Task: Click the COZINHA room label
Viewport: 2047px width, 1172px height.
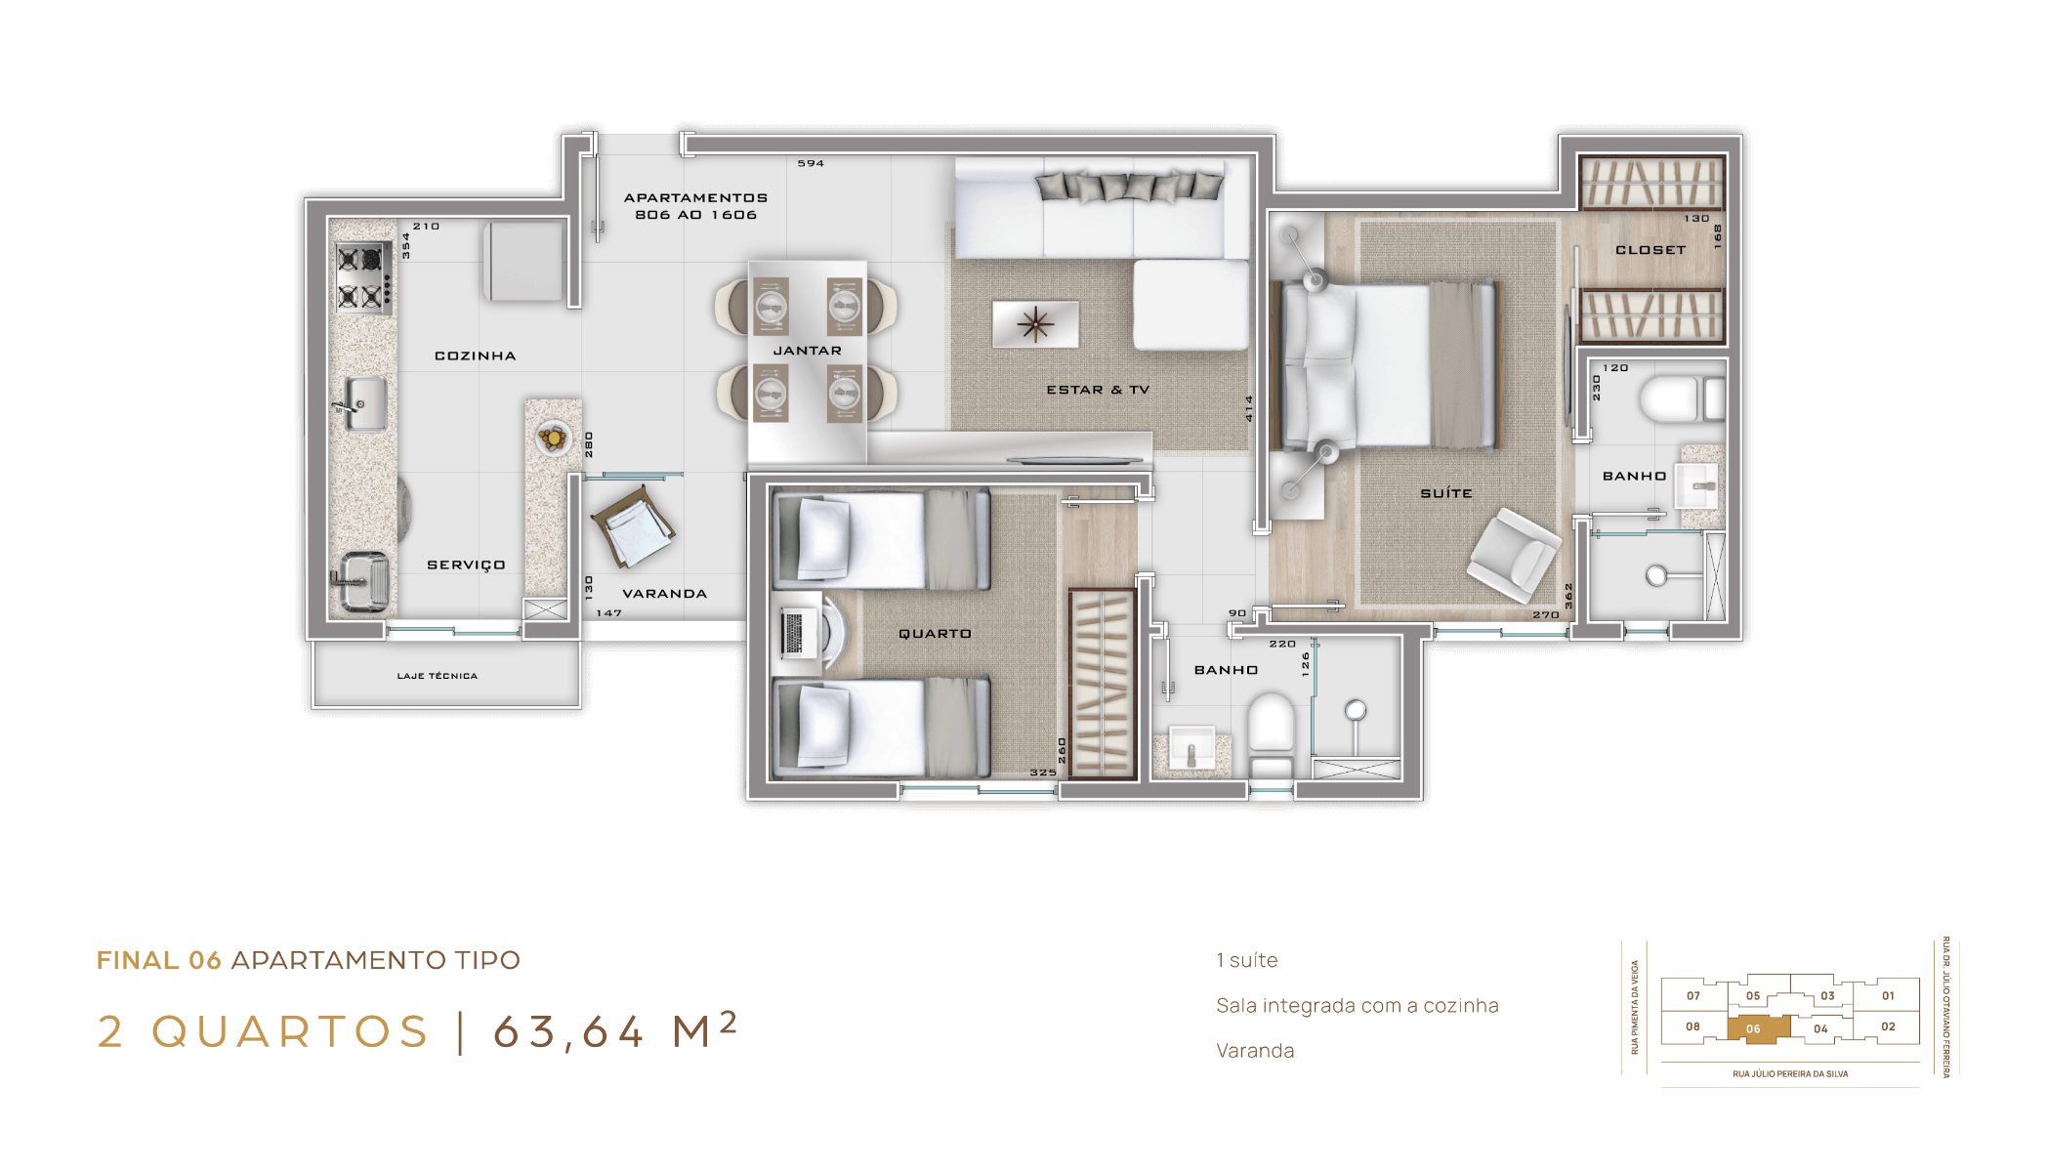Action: point(475,356)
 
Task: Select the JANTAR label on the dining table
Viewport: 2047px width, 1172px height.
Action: point(807,351)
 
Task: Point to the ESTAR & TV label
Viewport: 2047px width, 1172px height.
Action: point(1098,390)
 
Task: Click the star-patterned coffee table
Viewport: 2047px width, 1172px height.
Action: point(1035,323)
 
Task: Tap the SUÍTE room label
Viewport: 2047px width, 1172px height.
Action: point(1446,493)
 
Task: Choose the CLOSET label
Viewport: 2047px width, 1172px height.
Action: point(1650,250)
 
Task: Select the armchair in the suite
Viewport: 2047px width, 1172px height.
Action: point(1513,553)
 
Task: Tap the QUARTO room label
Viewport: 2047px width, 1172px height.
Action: point(935,634)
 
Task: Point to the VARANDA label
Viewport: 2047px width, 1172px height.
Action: point(664,594)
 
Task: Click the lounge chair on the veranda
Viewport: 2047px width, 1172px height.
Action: point(633,527)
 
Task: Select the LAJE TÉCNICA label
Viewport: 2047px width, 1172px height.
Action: point(438,676)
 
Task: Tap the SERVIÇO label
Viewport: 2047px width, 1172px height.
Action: point(466,565)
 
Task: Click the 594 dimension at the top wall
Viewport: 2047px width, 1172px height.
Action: point(811,163)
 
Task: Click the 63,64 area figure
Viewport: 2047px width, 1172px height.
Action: point(568,1032)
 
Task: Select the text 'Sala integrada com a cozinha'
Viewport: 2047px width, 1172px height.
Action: point(1357,1005)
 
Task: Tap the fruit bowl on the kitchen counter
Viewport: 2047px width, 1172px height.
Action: point(554,438)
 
